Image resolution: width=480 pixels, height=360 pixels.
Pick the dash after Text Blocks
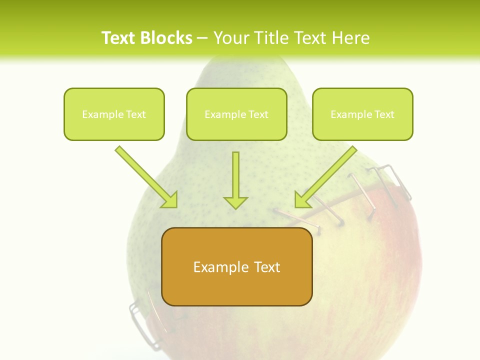tap(202, 38)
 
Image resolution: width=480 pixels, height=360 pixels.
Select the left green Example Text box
tap(114, 114)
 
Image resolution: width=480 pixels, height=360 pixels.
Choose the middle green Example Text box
tap(236, 114)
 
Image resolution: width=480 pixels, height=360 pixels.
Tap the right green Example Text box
tap(362, 114)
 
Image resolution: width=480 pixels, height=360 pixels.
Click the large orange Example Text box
tap(237, 266)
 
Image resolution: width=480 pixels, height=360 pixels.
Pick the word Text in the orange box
tap(267, 267)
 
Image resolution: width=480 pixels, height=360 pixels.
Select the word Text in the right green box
tap(384, 114)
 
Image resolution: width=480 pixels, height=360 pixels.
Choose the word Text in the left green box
tap(136, 114)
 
